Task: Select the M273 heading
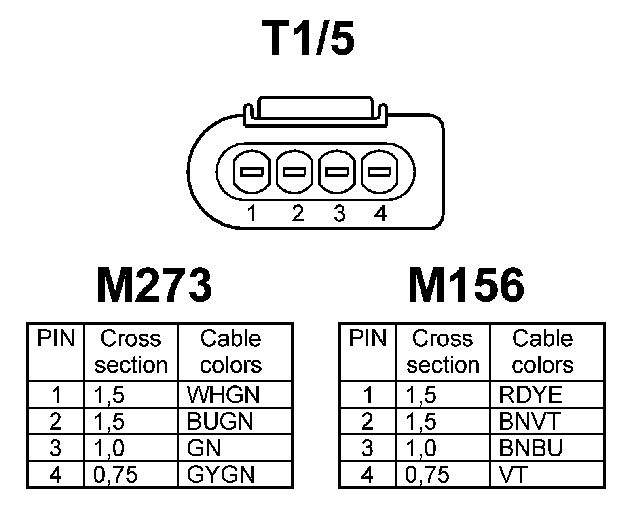point(154,285)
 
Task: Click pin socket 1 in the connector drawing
point(251,172)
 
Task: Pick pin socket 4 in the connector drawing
point(379,172)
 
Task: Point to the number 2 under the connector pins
point(297,213)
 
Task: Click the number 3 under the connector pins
point(339,213)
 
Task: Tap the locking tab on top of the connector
point(315,109)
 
